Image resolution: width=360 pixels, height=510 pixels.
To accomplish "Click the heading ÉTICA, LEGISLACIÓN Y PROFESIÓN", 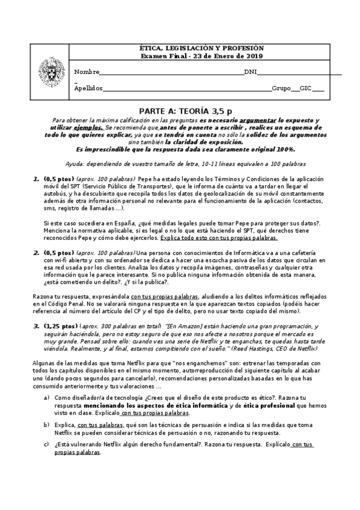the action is (x=198, y=48).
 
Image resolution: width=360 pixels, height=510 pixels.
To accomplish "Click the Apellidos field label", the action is (x=88, y=88).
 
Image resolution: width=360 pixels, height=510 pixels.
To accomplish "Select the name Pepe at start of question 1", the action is (x=145, y=179).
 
